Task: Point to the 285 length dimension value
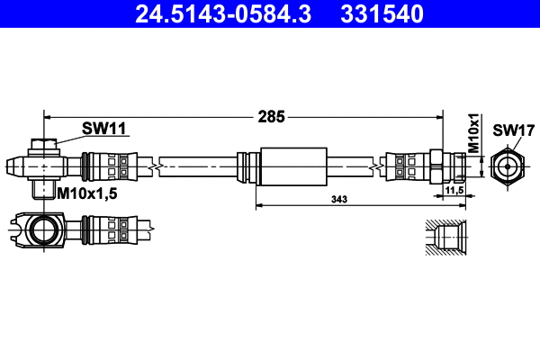click(271, 116)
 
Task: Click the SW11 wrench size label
click(103, 129)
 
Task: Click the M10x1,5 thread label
click(87, 193)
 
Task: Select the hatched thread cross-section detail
click(445, 238)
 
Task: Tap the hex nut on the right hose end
click(436, 166)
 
